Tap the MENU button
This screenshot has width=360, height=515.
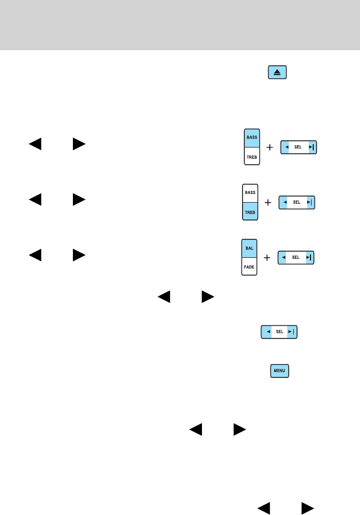click(x=279, y=371)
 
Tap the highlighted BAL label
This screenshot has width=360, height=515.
click(x=248, y=248)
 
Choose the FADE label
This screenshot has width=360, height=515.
click(x=248, y=267)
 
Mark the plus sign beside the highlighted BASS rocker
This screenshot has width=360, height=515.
click(x=270, y=148)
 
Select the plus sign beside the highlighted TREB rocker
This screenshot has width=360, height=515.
click(x=268, y=203)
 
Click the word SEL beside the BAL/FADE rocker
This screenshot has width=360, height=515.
click(x=296, y=257)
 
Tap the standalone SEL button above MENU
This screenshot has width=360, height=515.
click(x=279, y=331)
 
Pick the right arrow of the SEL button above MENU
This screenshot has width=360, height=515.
click(x=290, y=331)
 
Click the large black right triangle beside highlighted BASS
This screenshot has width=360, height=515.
click(x=78, y=144)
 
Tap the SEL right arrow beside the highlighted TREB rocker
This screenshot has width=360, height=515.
click(x=308, y=202)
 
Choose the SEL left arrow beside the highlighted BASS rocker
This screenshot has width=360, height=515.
click(x=287, y=148)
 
